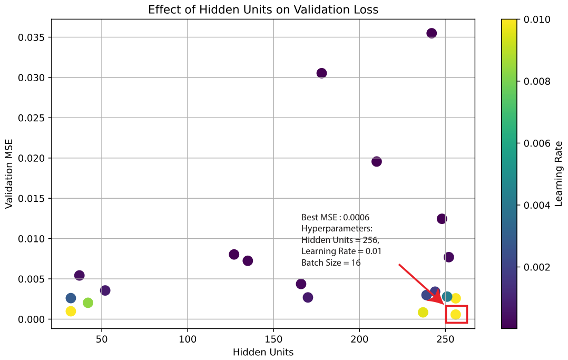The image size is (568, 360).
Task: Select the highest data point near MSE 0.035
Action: coord(432,33)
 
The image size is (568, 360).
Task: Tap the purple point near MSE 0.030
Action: coord(321,73)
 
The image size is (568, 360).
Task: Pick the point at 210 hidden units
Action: coord(376,162)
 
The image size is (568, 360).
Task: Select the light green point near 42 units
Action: coord(87,303)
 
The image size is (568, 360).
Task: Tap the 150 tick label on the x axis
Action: coord(273,339)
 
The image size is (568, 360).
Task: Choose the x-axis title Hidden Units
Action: coord(263,352)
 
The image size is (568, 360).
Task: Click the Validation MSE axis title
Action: coord(8,173)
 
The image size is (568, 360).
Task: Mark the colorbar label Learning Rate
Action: coord(558,173)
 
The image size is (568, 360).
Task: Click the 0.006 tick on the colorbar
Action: coord(537,143)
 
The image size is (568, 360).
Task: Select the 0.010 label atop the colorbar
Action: coord(537,20)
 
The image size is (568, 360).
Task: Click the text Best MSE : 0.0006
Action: coord(335,218)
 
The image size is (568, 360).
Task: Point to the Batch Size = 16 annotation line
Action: coord(331,263)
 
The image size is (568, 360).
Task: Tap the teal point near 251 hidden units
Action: coord(447,297)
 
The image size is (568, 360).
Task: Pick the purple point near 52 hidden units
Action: coord(105,290)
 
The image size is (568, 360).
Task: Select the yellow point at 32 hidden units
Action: coord(71,312)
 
